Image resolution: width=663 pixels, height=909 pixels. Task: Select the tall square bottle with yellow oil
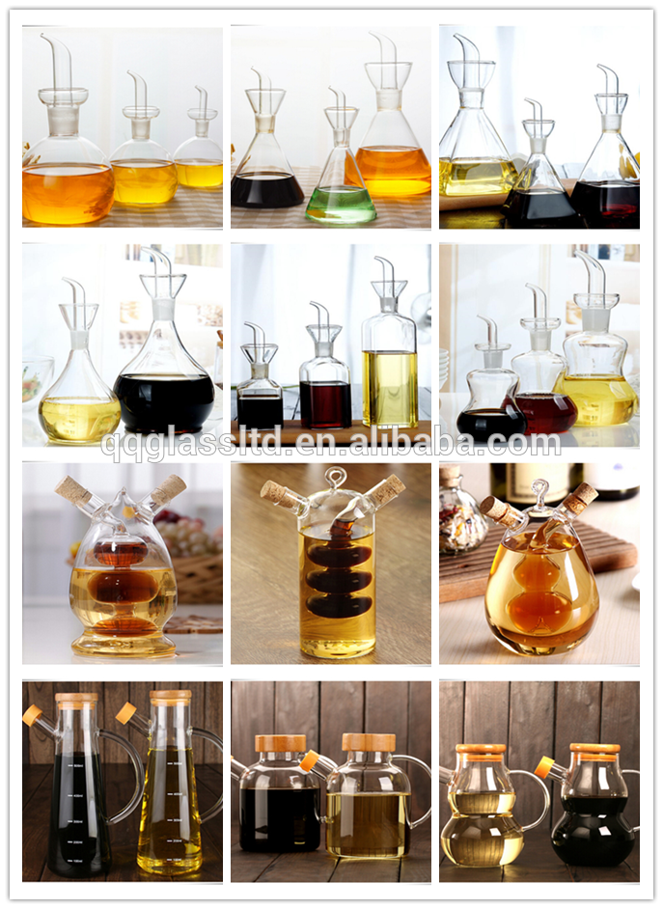tap(390, 353)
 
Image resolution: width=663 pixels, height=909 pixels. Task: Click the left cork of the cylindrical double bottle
tap(275, 491)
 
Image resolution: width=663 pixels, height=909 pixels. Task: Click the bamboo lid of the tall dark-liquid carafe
tap(76, 698)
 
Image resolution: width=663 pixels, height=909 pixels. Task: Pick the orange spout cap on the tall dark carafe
tap(32, 715)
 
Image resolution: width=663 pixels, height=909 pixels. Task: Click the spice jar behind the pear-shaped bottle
tap(461, 516)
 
